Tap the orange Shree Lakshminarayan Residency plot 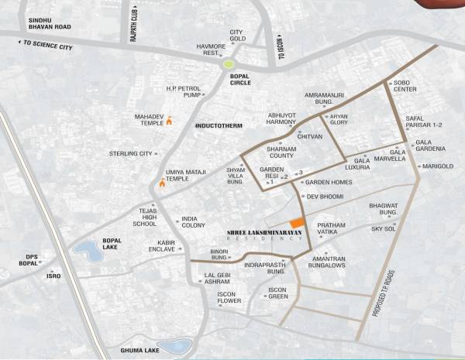[x=297, y=223]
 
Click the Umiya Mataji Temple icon [x=162, y=183]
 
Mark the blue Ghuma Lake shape [x=174, y=346]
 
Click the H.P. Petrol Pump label [x=183, y=92]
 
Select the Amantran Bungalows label [x=327, y=261]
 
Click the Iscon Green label [x=277, y=293]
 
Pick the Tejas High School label [x=144, y=218]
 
